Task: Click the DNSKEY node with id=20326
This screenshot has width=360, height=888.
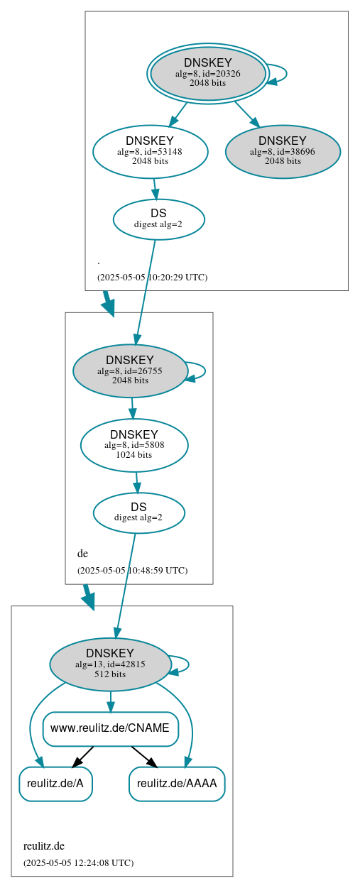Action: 207,73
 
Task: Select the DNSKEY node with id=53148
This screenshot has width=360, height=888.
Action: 150,151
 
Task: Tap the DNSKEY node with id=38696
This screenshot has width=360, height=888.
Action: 283,151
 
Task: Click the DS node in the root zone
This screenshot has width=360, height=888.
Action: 158,219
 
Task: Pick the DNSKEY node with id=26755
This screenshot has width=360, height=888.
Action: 129,371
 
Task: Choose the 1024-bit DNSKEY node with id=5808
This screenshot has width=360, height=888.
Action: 134,445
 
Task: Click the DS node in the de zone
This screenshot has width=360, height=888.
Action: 138,512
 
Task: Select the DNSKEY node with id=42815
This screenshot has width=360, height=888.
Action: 110,664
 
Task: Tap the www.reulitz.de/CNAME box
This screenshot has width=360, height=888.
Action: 110,728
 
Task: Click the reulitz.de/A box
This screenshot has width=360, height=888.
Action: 55,784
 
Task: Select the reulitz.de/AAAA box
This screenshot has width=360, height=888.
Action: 177,784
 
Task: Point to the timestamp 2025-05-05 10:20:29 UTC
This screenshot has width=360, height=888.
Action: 152,278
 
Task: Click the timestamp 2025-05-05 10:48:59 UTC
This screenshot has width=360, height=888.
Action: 132,571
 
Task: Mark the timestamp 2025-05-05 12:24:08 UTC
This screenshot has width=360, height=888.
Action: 78,863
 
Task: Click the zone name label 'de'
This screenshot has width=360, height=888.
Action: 82,554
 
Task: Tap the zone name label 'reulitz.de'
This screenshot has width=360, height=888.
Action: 44,846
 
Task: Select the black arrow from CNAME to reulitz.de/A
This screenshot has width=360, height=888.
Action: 82,757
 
